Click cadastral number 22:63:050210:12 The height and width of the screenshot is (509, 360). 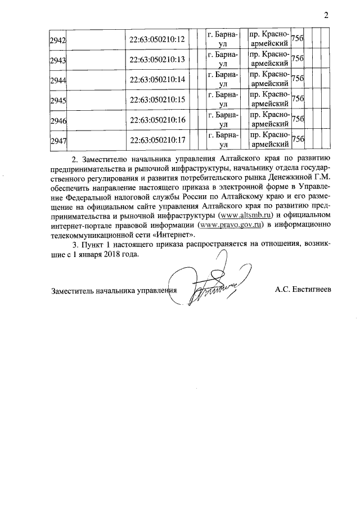[x=157, y=39]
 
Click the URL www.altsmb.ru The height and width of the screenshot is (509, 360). [x=246, y=215]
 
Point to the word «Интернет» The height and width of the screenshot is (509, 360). [x=171, y=235]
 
